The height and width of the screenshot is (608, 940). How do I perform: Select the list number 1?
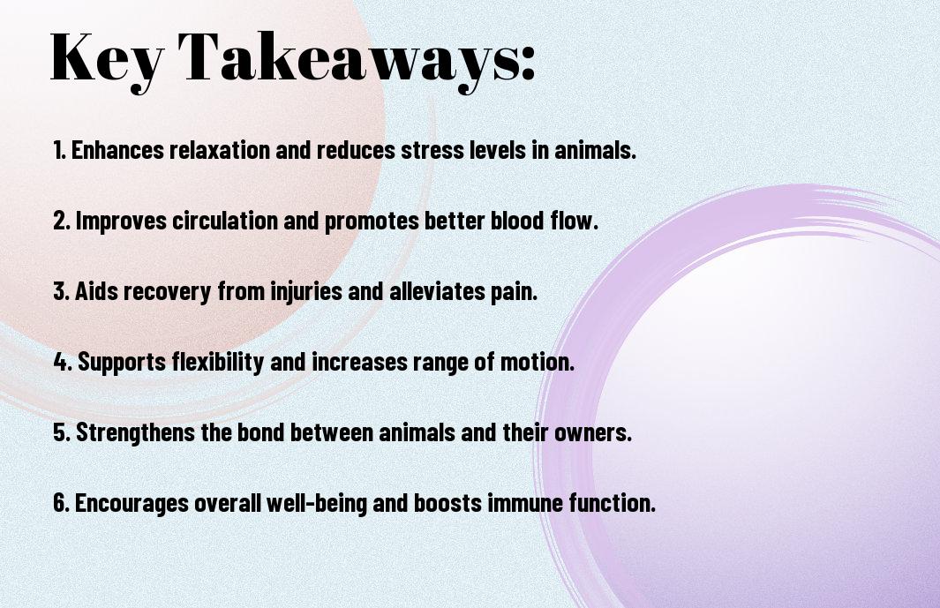(x=59, y=150)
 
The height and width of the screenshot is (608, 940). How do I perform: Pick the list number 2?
(x=61, y=221)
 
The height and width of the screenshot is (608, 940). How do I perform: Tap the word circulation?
(x=224, y=221)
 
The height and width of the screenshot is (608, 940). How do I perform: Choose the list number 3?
(x=61, y=291)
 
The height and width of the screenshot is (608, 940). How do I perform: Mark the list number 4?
(x=62, y=362)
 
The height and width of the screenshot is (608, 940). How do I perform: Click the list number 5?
(x=62, y=432)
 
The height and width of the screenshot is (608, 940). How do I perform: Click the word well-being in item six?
(x=317, y=503)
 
